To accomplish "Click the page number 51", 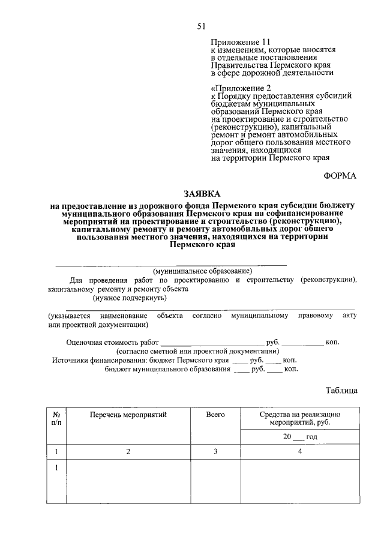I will pyautogui.click(x=202, y=25).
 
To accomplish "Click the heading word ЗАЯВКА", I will pyautogui.click(x=202, y=194).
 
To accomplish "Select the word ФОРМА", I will pyautogui.click(x=340, y=175).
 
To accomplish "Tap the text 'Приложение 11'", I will pyautogui.click(x=237, y=42).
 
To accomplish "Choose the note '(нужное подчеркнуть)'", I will pyautogui.click(x=128, y=298).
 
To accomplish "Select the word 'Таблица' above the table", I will pyautogui.click(x=341, y=390).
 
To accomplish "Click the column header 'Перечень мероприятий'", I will pyautogui.click(x=128, y=414).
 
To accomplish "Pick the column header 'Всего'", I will pyautogui.click(x=215, y=414).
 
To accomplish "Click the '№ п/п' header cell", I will pyautogui.click(x=57, y=418).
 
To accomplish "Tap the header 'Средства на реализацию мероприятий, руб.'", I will pyautogui.click(x=299, y=418).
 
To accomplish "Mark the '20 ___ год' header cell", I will pyautogui.click(x=299, y=437).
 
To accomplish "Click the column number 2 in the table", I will pyautogui.click(x=128, y=452).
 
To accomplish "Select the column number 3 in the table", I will pyautogui.click(x=215, y=452).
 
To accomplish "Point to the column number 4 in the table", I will pyautogui.click(x=299, y=452).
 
